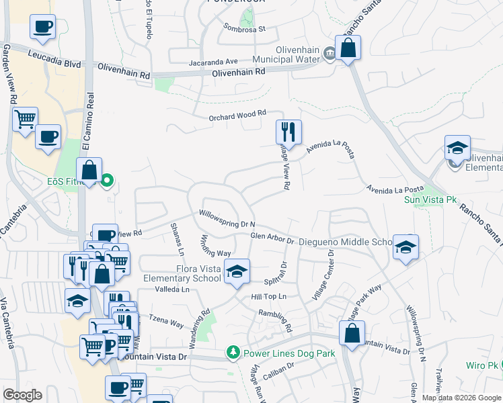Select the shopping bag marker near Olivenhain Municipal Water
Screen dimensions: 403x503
(348, 48)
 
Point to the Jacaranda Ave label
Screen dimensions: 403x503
(214, 60)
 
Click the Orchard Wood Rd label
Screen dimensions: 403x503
(237, 116)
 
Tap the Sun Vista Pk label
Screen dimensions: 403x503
(426, 199)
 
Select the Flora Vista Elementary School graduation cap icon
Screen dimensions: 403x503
(236, 271)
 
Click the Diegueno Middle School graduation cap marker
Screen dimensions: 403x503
(405, 246)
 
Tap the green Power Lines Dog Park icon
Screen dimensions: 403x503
(233, 352)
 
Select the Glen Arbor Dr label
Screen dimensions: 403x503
(272, 237)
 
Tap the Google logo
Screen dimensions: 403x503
(22, 395)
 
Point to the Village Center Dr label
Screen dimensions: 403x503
(323, 275)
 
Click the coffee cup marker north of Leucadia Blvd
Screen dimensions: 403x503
(42, 28)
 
